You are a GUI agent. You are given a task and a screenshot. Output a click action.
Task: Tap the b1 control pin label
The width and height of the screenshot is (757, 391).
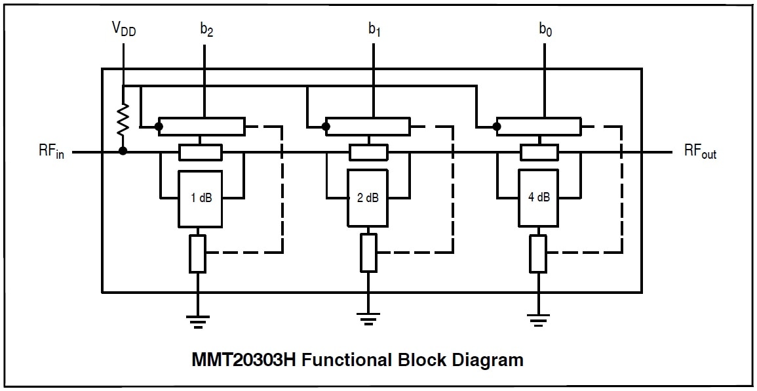pos(374,30)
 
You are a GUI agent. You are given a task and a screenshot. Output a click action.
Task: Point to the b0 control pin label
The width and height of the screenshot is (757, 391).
pos(545,30)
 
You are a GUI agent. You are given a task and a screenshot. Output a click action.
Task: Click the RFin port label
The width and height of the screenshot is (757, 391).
pos(51,153)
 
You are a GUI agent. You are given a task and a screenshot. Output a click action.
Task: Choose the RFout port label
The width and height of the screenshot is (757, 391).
pos(700,152)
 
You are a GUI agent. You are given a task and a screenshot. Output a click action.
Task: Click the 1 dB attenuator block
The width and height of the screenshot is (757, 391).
pos(201,198)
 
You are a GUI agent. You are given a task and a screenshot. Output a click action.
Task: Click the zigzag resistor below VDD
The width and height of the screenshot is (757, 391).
pos(123,119)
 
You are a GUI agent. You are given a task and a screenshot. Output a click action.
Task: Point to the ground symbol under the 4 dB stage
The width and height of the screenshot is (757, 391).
pos(539,321)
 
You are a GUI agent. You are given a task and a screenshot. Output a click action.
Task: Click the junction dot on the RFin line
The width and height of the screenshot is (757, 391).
pos(123,152)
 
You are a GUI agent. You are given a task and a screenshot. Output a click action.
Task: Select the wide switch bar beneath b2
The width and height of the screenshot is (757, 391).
pos(201,125)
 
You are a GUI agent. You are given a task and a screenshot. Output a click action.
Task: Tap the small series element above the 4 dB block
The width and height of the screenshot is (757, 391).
pos(539,153)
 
